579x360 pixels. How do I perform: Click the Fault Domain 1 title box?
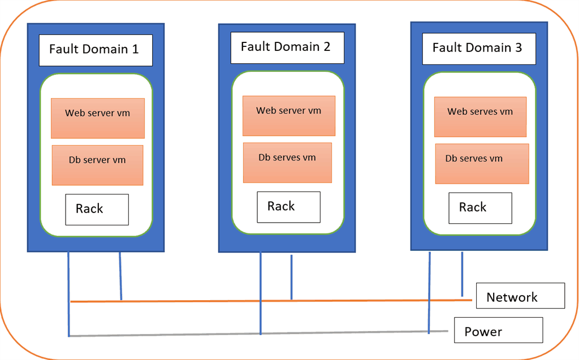point(96,50)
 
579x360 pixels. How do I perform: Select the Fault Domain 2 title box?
point(287,47)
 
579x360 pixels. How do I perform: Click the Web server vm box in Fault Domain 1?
point(97,118)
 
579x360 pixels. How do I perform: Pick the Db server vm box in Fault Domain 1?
point(97,165)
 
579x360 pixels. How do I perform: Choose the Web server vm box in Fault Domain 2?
point(289,116)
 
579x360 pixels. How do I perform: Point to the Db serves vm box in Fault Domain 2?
point(287,163)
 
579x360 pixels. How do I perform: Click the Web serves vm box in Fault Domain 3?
point(480,117)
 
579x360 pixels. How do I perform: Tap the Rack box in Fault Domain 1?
point(97,209)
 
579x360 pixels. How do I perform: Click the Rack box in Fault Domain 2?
point(288,207)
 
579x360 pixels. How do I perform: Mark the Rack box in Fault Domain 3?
point(480,207)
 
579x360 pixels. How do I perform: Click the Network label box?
point(520,296)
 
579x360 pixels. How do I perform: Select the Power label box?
point(498,330)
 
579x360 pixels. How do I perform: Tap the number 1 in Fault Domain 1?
point(135,50)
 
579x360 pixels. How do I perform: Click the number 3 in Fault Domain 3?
point(518,48)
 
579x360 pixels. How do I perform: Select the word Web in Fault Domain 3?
point(457,111)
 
